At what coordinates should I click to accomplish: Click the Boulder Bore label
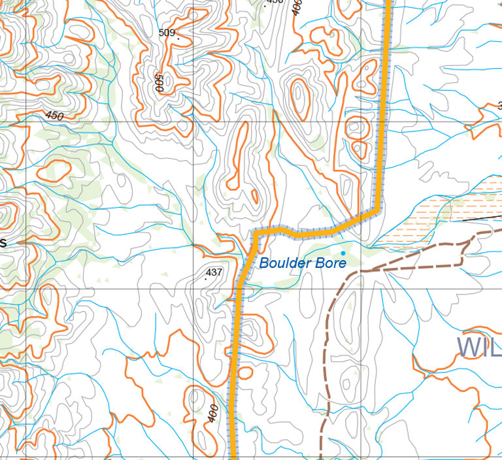pyautogui.click(x=302, y=263)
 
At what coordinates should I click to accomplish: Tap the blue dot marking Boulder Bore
pyautogui.click(x=343, y=253)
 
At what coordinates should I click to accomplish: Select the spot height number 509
pyautogui.click(x=167, y=32)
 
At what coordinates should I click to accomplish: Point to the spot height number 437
pyautogui.click(x=214, y=272)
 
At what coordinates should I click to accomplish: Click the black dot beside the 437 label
pyautogui.click(x=206, y=278)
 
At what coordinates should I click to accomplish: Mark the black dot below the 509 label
pyautogui.click(x=178, y=39)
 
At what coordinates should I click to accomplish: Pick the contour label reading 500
pyautogui.click(x=158, y=82)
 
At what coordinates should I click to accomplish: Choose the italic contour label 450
pyautogui.click(x=55, y=116)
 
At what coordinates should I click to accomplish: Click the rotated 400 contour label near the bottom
pyautogui.click(x=213, y=413)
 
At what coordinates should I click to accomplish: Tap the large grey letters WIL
pyautogui.click(x=478, y=347)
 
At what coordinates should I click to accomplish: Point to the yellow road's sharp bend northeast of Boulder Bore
pyautogui.click(x=377, y=210)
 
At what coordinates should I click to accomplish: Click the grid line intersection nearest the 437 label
pyautogui.click(x=193, y=288)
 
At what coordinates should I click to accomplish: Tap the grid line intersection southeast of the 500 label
pyautogui.click(x=193, y=122)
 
